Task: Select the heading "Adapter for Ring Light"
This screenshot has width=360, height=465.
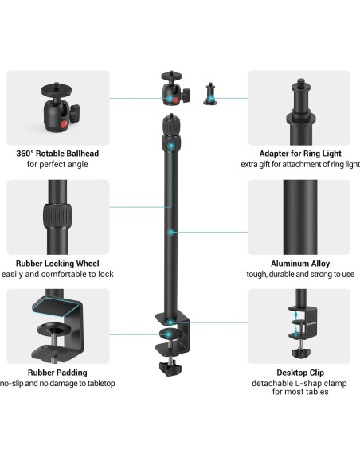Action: [x=298, y=153]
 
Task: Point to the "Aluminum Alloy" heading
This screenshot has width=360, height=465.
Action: [x=298, y=263]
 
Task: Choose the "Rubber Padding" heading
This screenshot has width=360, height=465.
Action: [x=58, y=372]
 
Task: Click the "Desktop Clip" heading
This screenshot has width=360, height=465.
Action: [x=298, y=372]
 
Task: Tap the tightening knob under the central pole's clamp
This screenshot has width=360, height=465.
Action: [x=171, y=367]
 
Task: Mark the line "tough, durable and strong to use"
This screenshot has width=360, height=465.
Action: [x=298, y=274]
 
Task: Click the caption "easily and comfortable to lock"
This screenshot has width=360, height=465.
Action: [x=58, y=274]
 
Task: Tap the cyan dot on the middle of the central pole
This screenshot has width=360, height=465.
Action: [x=172, y=232]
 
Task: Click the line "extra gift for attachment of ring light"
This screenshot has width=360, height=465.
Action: [x=298, y=164]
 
